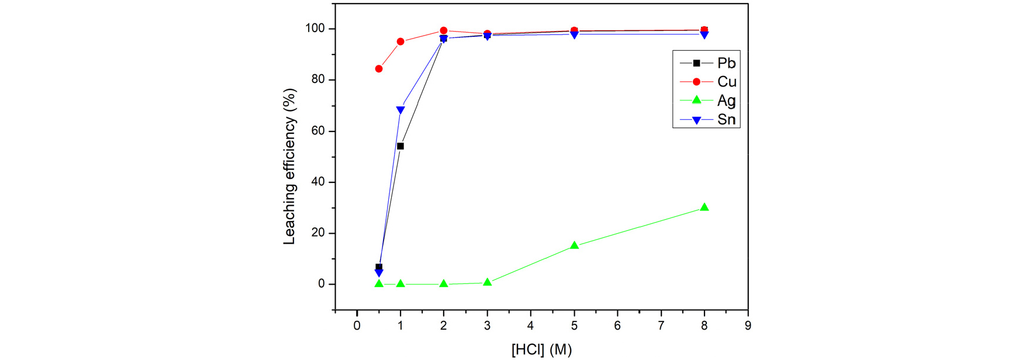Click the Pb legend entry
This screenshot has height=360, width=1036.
707,63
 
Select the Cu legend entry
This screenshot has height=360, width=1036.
707,82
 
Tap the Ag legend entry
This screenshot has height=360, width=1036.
707,101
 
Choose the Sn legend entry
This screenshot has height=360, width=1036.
707,120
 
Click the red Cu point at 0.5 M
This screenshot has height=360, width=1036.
379,69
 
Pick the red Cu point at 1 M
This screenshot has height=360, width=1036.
400,41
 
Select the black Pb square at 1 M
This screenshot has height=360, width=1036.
400,146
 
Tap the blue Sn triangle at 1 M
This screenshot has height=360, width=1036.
400,110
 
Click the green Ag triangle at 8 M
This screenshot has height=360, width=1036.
705,207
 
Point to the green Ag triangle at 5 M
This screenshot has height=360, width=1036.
574,245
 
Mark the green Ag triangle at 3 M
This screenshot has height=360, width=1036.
488,282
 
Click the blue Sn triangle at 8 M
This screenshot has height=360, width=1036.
705,35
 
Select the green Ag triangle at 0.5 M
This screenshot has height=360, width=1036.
379,283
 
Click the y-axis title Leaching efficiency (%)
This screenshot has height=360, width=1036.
289,167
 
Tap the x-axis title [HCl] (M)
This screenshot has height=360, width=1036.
541,349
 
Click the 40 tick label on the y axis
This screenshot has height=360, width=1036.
318,182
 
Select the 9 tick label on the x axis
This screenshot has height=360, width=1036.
748,326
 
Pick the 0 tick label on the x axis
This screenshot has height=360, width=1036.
357,326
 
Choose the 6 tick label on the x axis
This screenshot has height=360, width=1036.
617,326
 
